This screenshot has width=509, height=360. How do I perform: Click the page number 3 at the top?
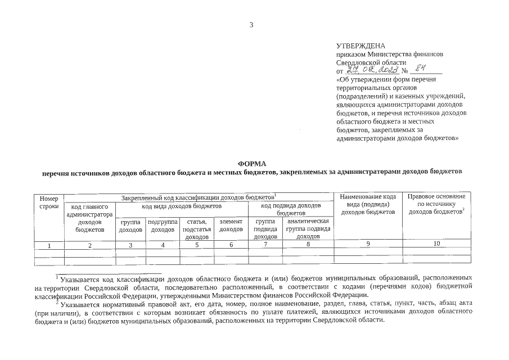251,25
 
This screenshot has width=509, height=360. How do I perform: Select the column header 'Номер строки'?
49,202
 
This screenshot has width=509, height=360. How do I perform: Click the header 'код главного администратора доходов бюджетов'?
89,218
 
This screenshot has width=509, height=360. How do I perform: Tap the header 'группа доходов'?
130,226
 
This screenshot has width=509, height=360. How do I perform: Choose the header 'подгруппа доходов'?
163,226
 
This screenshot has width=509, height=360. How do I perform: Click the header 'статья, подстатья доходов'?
197,229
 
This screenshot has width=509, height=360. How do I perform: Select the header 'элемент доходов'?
231,226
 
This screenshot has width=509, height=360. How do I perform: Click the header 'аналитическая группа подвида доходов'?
308,229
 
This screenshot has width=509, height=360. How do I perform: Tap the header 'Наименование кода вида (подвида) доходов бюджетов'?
368,204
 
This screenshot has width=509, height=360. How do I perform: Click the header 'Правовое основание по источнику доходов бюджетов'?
436,204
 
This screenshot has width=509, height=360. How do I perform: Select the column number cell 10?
436,244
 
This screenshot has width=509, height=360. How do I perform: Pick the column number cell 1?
49,245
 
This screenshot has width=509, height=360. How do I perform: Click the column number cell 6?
231,245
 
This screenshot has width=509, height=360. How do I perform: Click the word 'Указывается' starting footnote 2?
80,303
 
